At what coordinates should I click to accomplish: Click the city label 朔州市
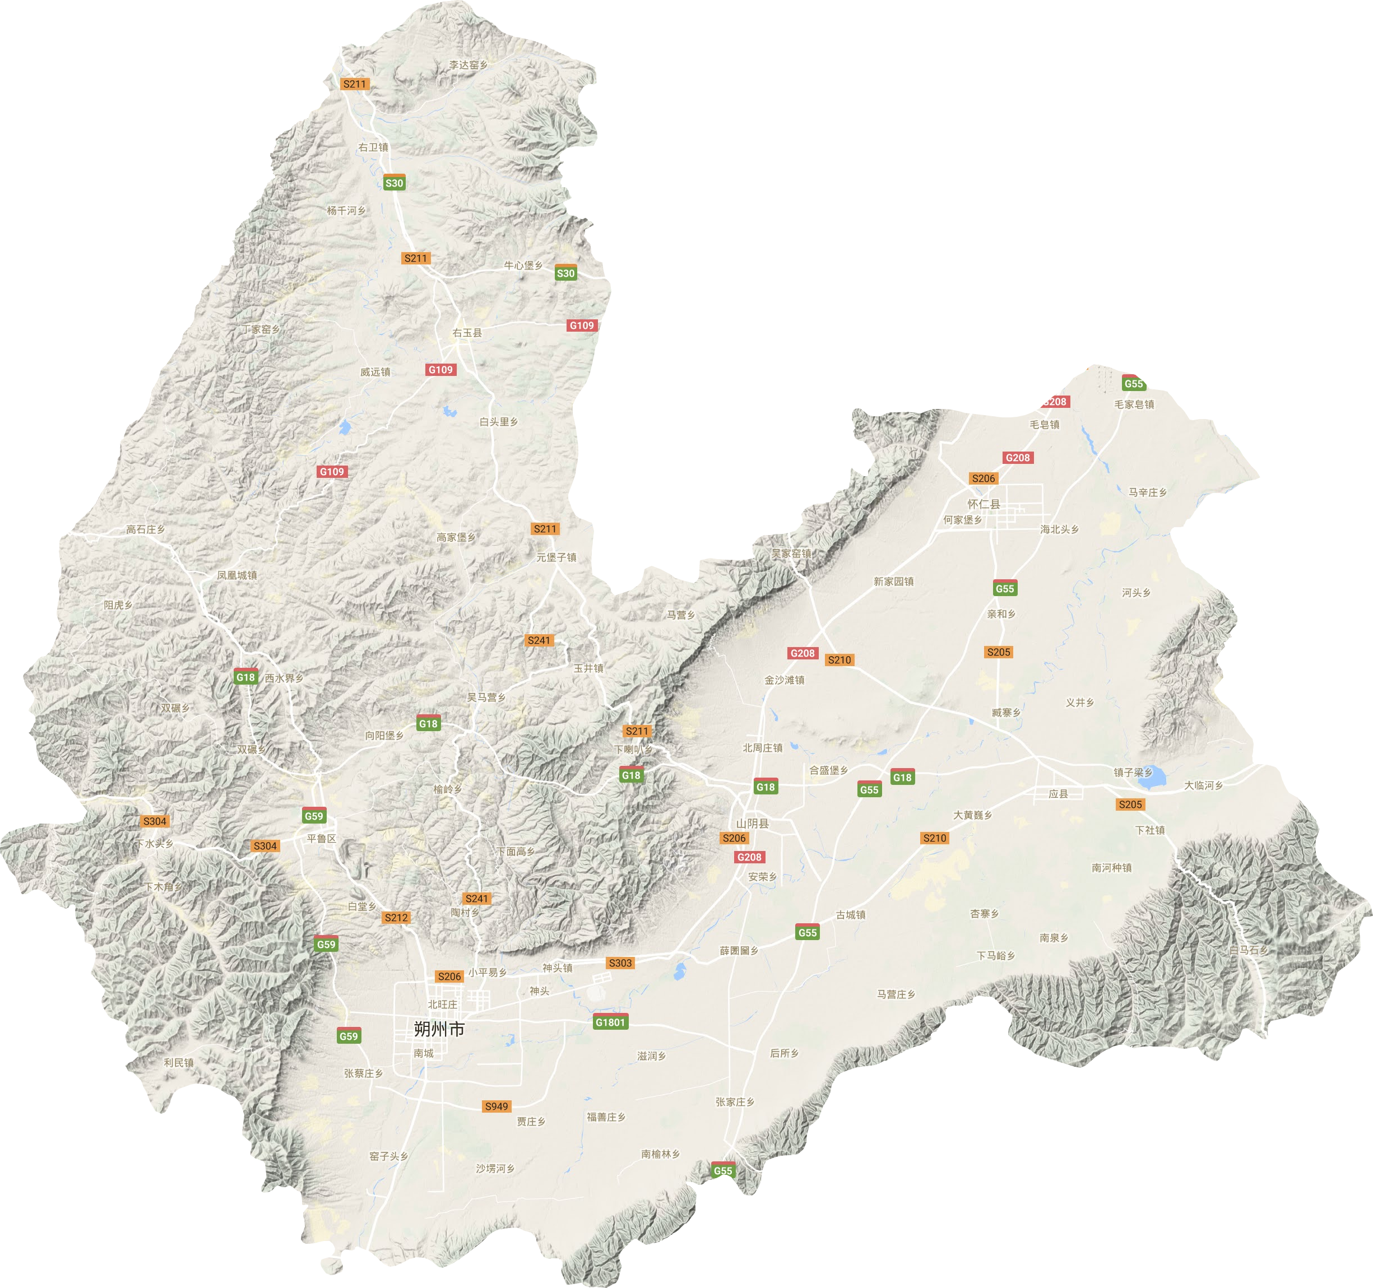coord(439,1029)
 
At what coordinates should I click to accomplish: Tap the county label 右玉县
coord(467,333)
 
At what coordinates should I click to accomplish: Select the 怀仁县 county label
coord(984,504)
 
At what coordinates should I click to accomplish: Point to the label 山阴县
coord(752,823)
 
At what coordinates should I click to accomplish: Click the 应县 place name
coord(1058,794)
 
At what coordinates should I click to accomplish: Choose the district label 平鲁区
coord(321,839)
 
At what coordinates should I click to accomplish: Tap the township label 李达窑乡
coord(469,65)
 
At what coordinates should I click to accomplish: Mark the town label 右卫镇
coord(373,147)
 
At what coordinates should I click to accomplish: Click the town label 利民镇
coord(179,1062)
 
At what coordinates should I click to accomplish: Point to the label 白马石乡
coord(1249,950)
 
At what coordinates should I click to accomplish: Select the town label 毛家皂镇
coord(1134,404)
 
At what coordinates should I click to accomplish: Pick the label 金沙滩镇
coord(784,680)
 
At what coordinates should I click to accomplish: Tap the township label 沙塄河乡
coord(495,1169)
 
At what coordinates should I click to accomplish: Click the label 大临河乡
coord(1204,785)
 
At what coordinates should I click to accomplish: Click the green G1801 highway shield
coord(610,1022)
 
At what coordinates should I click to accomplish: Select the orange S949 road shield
coord(497,1106)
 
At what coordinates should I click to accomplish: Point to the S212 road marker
coord(396,917)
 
